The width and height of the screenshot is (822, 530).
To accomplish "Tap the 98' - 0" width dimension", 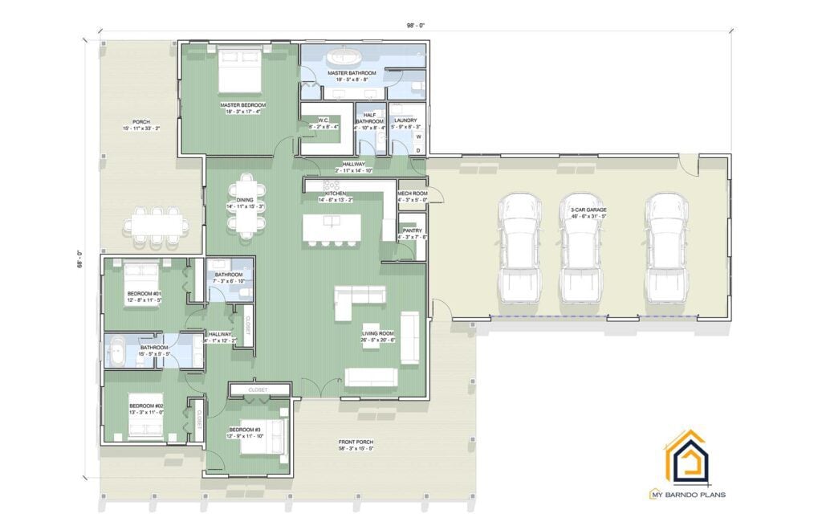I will point(415,25).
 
